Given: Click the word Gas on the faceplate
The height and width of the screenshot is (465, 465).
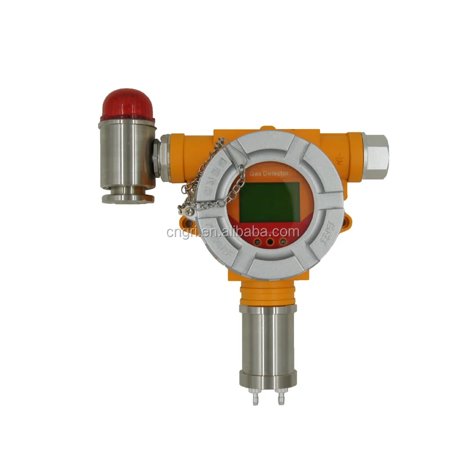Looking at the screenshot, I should [256, 174].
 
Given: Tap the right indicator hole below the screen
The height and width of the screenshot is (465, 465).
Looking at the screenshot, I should [283, 236].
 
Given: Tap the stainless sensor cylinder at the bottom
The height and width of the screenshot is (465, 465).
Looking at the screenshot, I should [267, 343].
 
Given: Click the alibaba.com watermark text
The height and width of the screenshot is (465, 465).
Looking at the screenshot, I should [233, 233].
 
